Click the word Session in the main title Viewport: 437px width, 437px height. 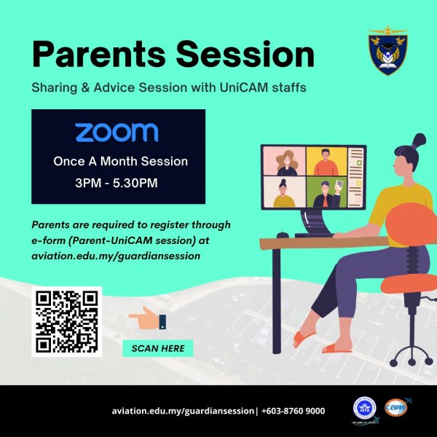pos(245,54)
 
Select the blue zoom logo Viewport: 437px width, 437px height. pos(117,133)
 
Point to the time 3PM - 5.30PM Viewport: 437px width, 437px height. pos(117,183)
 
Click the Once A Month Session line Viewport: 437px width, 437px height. pos(120,162)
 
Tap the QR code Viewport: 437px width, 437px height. pos(67,322)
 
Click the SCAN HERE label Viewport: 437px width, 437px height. pos(158,348)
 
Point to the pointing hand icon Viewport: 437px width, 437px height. pos(147,318)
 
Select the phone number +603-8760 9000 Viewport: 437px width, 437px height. pos(294,411)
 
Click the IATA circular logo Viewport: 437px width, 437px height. pos(365,408)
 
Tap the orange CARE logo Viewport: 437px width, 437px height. pos(396,407)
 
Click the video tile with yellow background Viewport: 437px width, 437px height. pos(326,162)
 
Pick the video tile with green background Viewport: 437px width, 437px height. pos(326,192)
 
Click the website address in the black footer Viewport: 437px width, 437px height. pos(183,411)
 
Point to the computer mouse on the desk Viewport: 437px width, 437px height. pos(283,235)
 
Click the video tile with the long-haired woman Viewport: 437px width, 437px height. pos(284,162)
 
